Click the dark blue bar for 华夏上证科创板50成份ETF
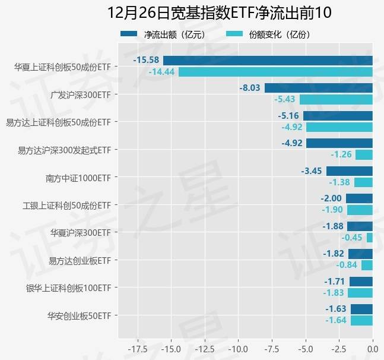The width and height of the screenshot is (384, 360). point(268,60)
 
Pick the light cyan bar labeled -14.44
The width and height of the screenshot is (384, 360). point(275,72)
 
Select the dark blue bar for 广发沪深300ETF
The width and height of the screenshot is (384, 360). point(318,88)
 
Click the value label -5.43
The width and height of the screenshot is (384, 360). point(284,99)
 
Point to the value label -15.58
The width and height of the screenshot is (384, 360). point(146,60)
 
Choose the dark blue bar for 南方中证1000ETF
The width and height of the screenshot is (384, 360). point(349,171)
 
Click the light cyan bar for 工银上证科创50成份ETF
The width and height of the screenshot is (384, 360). point(360,210)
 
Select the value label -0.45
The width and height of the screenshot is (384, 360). point(352,238)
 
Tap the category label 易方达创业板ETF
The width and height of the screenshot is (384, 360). point(80,260)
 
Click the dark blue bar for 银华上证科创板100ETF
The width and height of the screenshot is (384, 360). point(361,282)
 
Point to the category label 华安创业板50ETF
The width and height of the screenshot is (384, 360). point(80,315)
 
